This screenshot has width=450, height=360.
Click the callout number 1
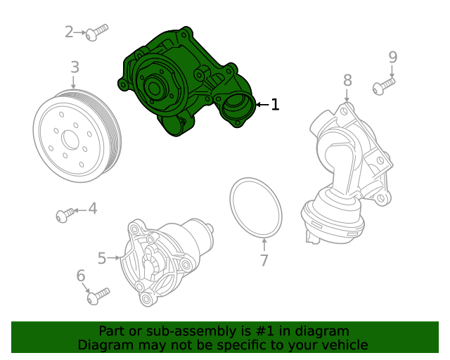[275, 105]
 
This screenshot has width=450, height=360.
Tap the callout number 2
[69, 32]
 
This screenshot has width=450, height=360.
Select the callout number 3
[75, 68]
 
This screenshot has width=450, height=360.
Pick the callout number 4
[92, 209]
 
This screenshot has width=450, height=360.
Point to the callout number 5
[102, 259]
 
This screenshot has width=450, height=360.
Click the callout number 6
[80, 276]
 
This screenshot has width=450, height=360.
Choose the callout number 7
[264, 261]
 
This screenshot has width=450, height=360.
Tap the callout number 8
[347, 81]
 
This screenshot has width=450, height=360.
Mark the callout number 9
[392, 57]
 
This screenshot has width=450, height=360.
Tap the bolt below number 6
[97, 295]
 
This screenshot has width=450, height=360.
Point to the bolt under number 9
[383, 86]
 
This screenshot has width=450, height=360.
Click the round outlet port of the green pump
[234, 109]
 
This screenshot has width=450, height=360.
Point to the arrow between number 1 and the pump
[261, 105]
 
